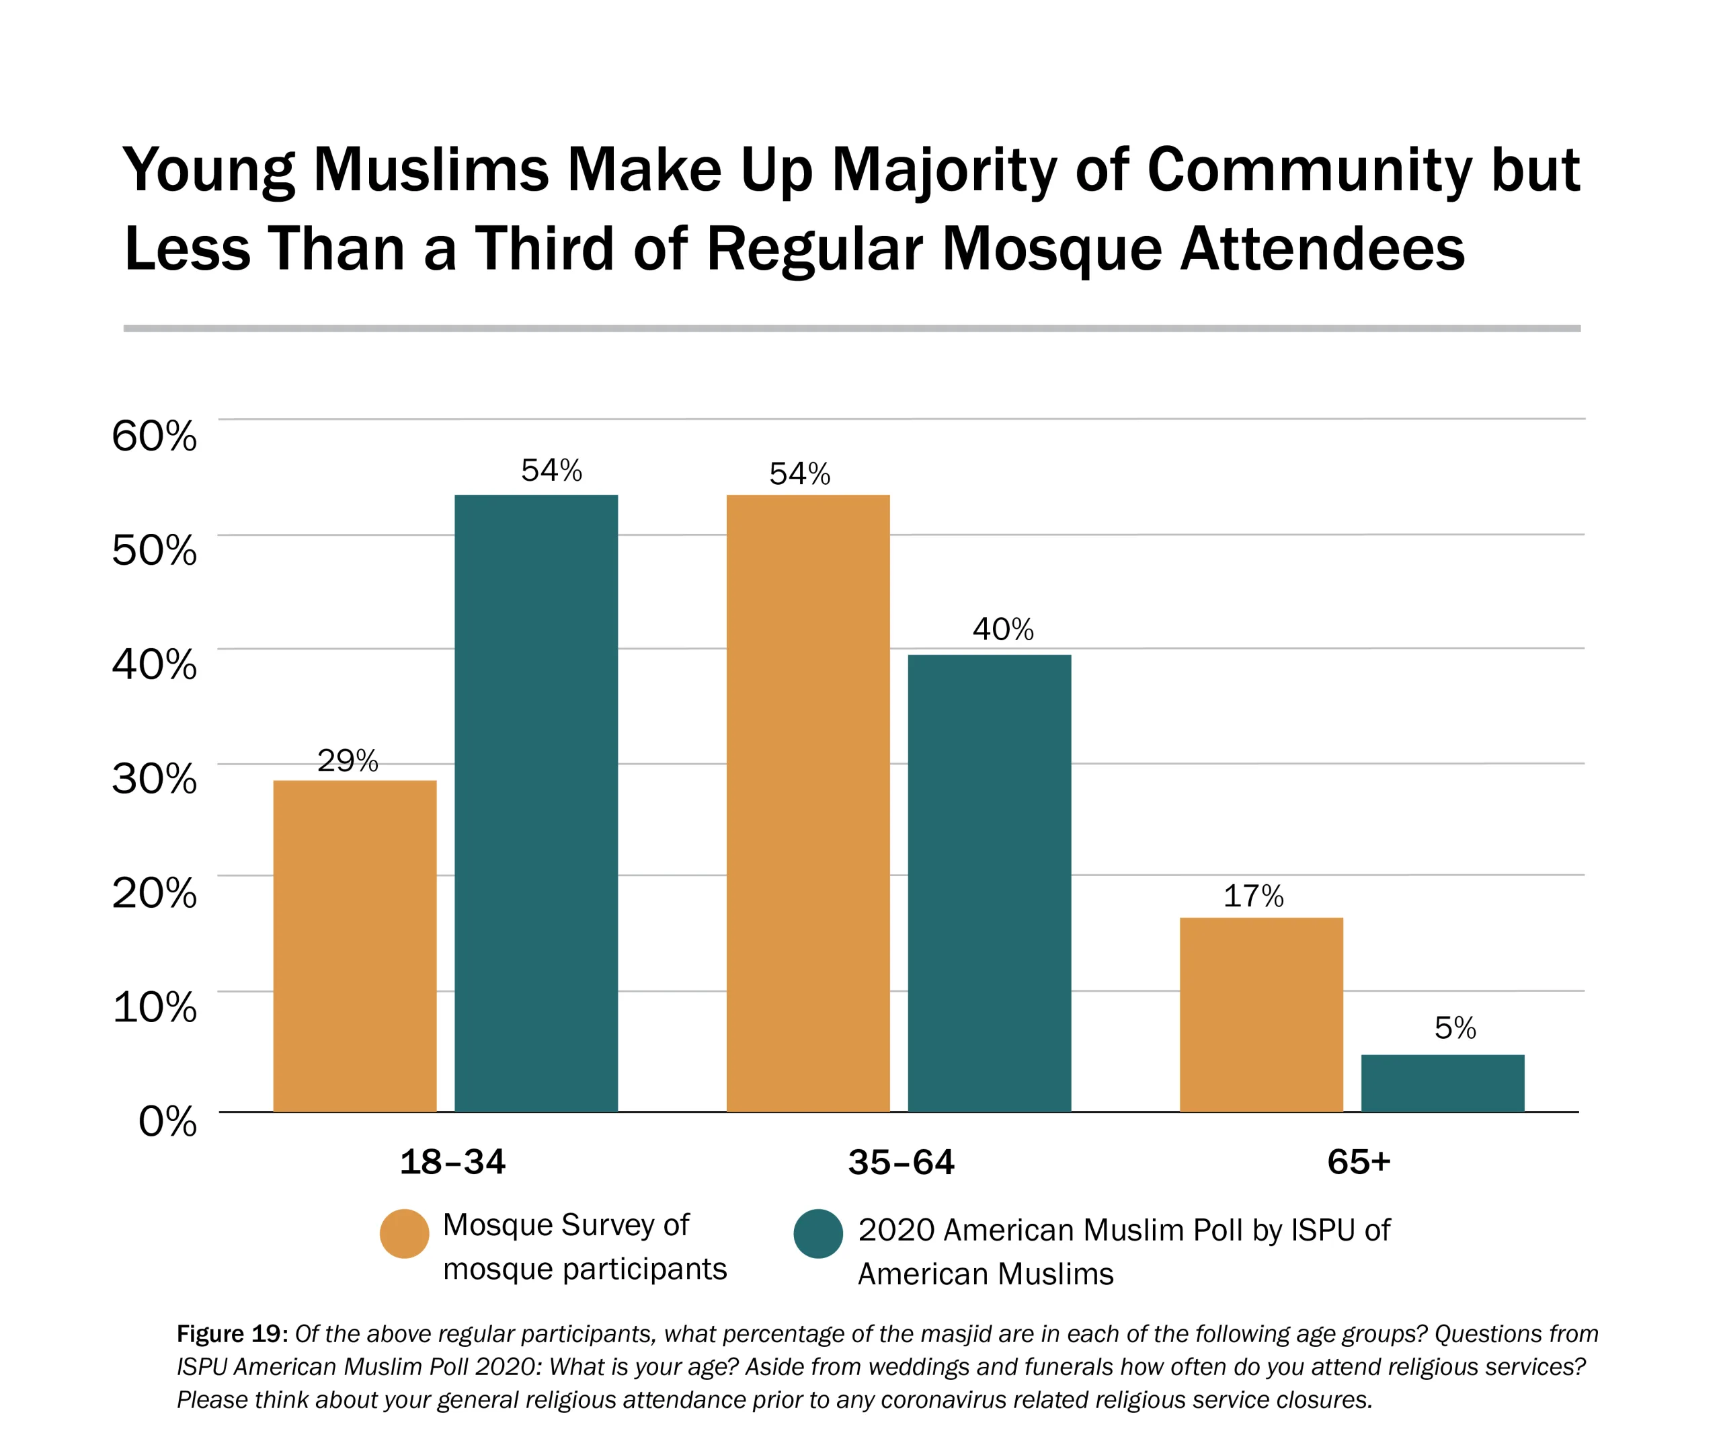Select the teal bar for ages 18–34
click(536, 804)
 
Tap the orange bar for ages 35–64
click(808, 804)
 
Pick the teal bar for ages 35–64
click(989, 883)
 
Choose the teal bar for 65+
click(1443, 1083)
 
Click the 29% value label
click(348, 761)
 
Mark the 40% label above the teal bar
click(1003, 629)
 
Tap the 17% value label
click(1253, 896)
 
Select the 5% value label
click(1455, 1028)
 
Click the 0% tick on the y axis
click(167, 1121)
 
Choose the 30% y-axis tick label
click(154, 778)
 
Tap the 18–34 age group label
click(452, 1162)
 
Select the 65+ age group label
click(1359, 1162)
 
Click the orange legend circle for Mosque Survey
click(404, 1233)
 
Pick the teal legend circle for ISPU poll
click(818, 1233)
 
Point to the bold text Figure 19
click(231, 1334)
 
